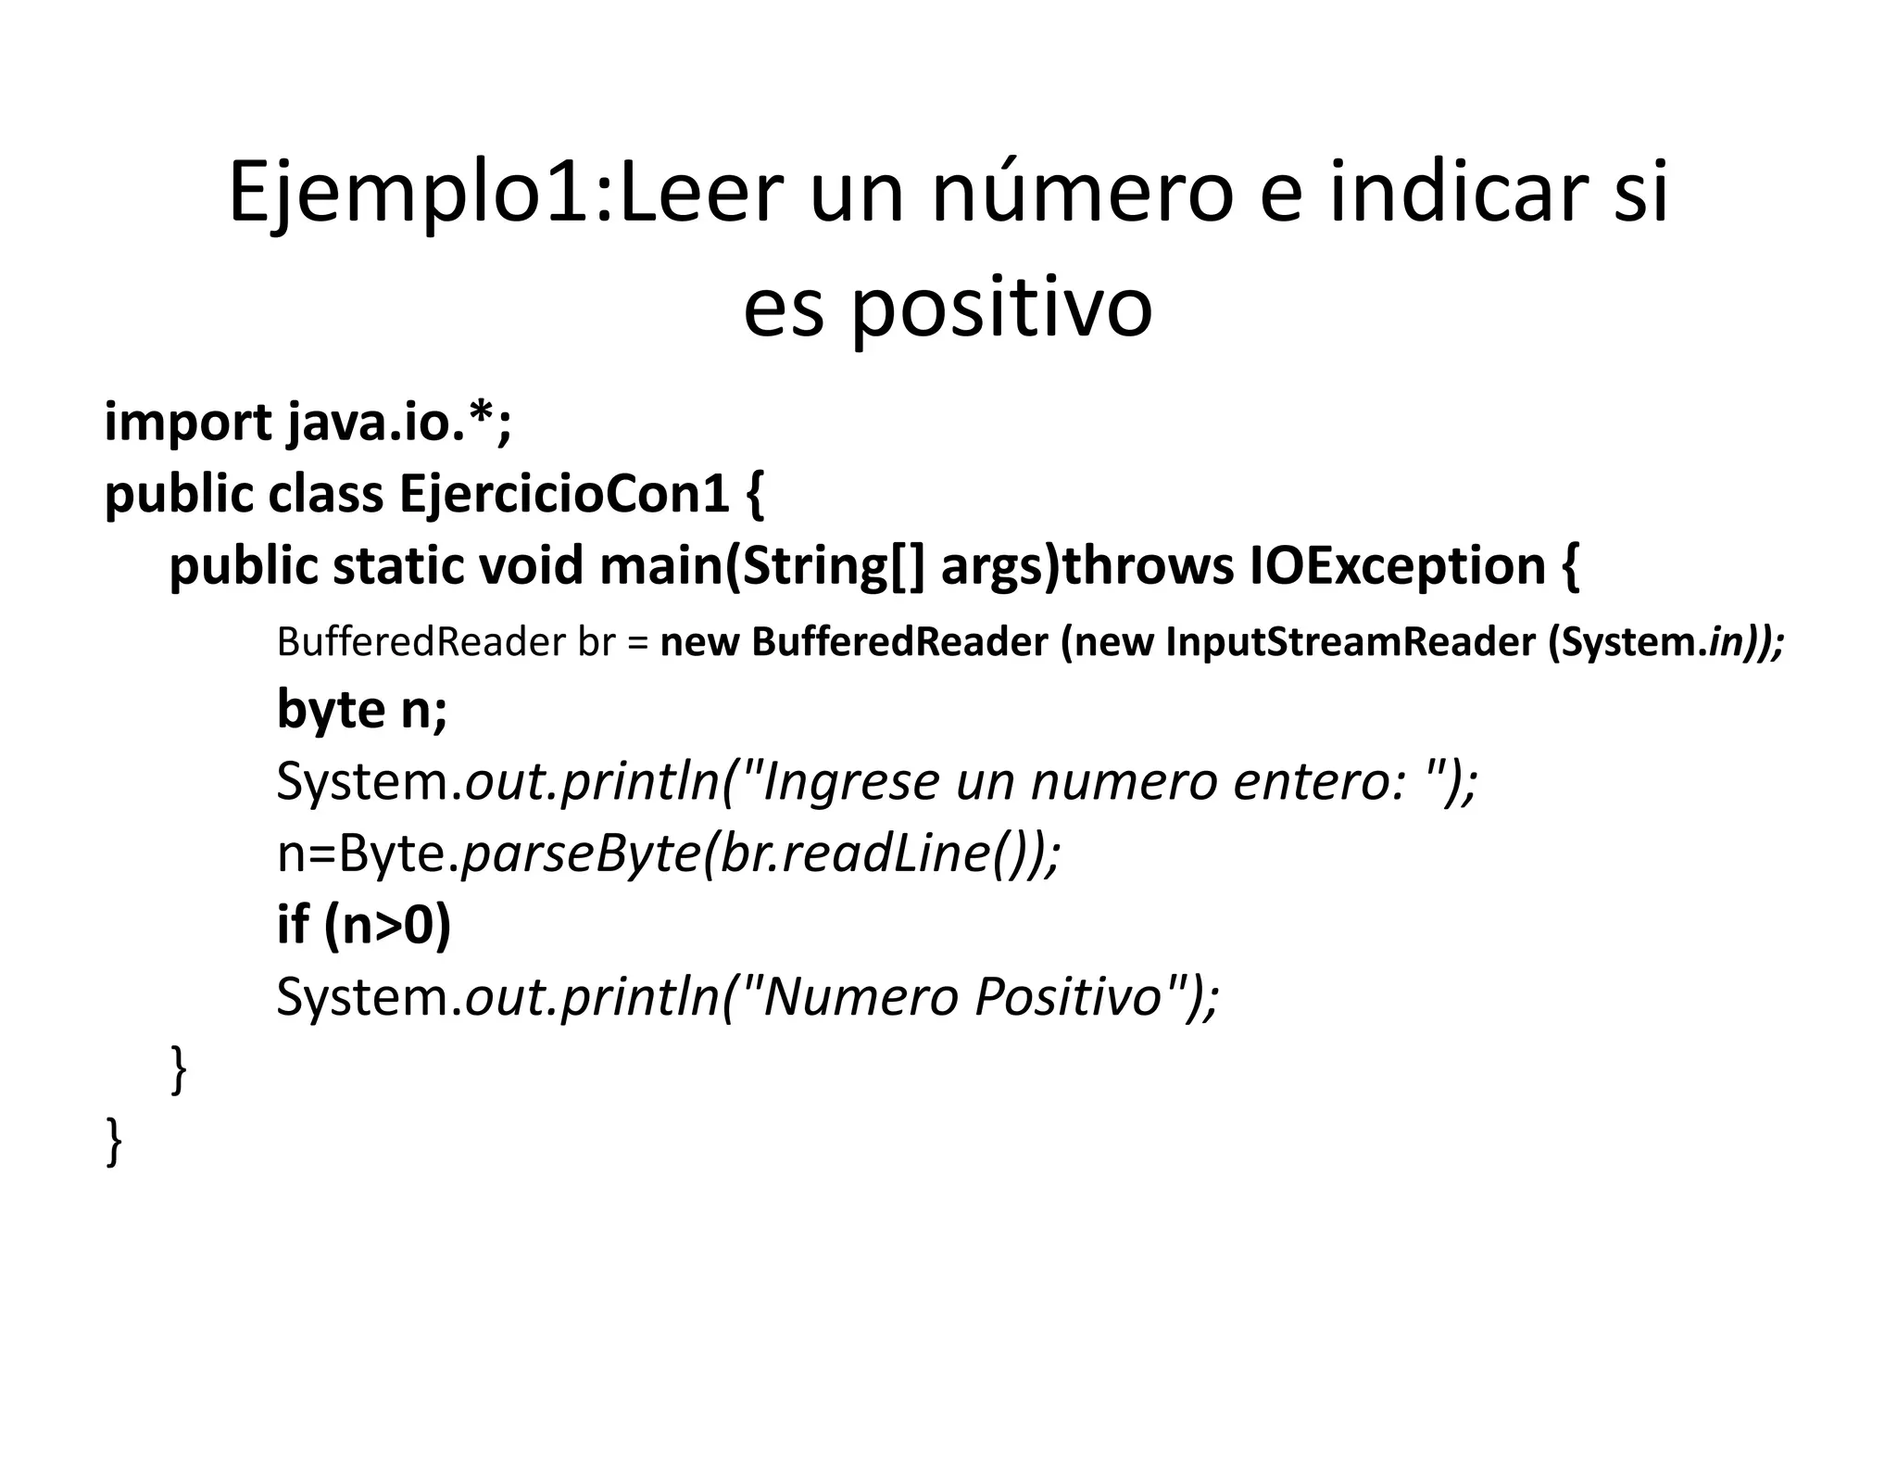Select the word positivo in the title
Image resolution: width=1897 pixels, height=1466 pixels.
click(1000, 308)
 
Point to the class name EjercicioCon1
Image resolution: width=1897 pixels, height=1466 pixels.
click(564, 493)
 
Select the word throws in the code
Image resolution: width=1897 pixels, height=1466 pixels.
click(1147, 565)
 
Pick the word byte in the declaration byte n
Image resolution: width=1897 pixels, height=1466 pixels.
click(331, 711)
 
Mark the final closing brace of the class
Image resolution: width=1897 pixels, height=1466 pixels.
click(114, 1141)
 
